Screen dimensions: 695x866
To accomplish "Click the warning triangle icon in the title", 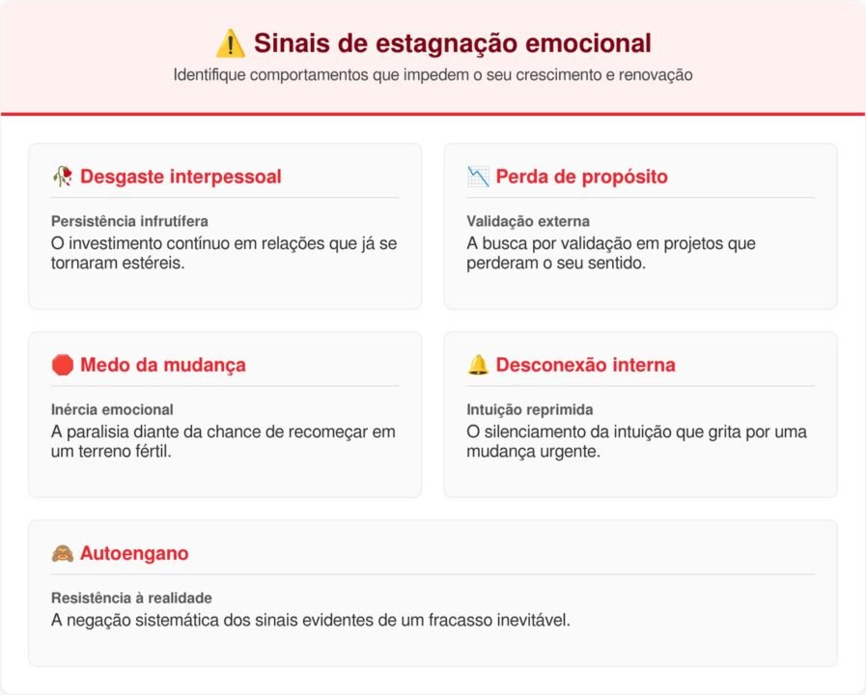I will (x=230, y=42).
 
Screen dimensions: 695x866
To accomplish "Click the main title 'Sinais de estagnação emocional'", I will (x=452, y=42).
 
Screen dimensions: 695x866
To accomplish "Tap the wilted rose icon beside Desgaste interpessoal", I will (x=63, y=177).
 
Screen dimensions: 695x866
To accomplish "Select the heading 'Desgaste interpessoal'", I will (x=181, y=177).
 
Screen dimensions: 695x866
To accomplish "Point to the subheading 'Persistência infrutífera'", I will (x=129, y=221).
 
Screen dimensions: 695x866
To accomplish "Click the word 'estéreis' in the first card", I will (x=154, y=263).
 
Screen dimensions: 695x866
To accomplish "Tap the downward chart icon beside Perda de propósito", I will (x=478, y=177).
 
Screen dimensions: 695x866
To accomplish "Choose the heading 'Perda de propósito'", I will (x=581, y=177).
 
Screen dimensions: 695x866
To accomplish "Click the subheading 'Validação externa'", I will (x=527, y=221).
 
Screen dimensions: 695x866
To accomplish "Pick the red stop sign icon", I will (x=63, y=365).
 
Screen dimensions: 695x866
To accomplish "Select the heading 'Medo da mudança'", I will (x=162, y=365).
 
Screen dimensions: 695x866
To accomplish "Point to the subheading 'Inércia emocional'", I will (x=112, y=409).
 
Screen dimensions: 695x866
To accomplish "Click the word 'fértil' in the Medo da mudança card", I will (x=150, y=451).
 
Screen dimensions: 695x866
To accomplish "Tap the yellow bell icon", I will (x=478, y=365).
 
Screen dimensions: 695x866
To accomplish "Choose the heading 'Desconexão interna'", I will (x=585, y=365).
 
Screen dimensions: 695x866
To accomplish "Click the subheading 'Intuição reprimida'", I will (x=529, y=409).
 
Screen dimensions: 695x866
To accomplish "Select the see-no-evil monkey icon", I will (x=63, y=553).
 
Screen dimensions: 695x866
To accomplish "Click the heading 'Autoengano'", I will (x=134, y=553).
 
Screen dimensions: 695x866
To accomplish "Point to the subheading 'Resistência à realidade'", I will (x=131, y=598).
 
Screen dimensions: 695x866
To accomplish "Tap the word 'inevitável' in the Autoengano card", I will (x=533, y=620).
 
